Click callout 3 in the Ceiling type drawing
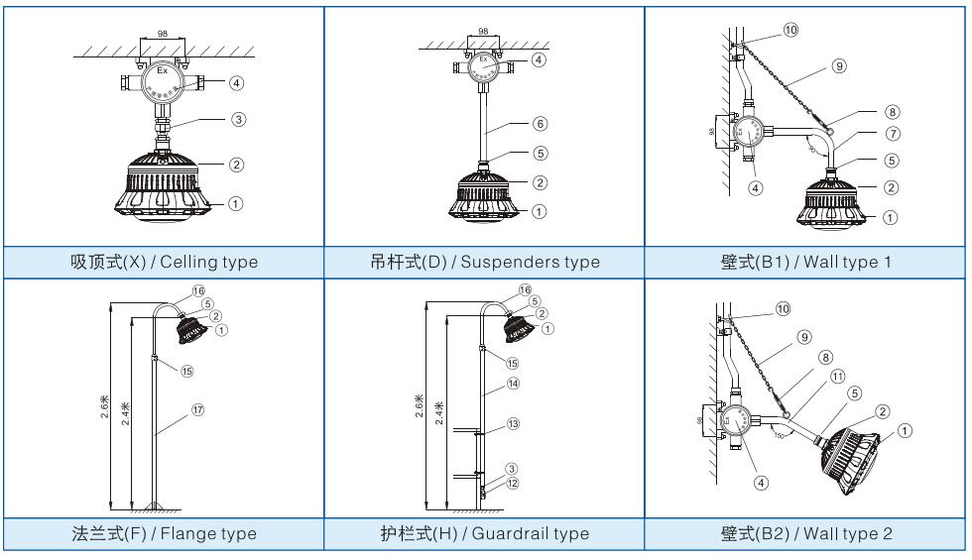pos(238,118)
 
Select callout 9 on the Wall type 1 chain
pos(840,67)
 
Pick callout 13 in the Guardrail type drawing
pos(513,424)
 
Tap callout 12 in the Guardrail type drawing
pos(513,484)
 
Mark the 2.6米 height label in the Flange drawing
pos(105,407)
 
